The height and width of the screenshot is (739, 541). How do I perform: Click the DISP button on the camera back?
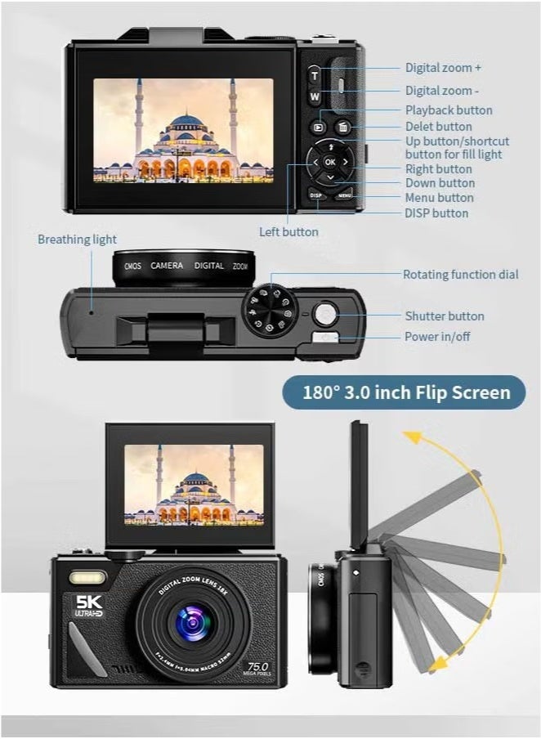tap(317, 195)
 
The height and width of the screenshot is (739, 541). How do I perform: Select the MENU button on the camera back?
tap(345, 195)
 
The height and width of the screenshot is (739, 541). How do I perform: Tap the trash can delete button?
tap(343, 128)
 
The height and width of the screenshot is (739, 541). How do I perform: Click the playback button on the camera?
tap(317, 128)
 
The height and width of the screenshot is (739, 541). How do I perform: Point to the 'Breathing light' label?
tap(77, 240)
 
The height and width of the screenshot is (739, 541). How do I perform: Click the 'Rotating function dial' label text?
tap(460, 275)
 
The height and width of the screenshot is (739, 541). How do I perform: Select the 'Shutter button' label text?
tap(445, 316)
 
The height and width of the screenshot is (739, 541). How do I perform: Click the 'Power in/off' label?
tap(437, 337)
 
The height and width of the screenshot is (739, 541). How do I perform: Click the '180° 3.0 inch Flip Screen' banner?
tap(406, 392)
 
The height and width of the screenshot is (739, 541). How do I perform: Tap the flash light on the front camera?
tap(87, 579)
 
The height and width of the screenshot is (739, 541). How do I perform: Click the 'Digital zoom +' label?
tap(443, 68)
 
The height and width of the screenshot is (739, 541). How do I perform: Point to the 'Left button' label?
tap(288, 232)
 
